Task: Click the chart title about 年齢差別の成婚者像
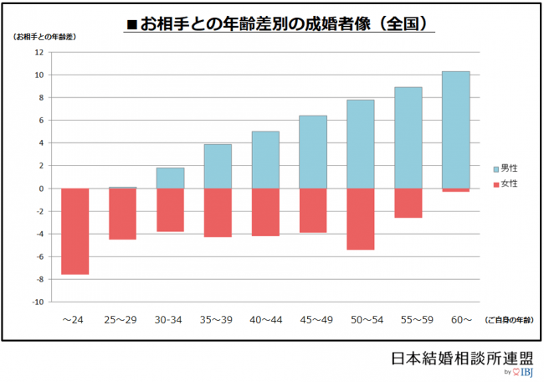(280, 24)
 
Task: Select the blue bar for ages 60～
(455, 130)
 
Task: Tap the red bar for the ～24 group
(74, 231)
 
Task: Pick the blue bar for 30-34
(170, 178)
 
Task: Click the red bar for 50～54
(360, 219)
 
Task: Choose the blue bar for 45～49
(312, 152)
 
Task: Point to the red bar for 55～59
(408, 203)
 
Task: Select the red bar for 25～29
(122, 214)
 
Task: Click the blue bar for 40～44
(265, 160)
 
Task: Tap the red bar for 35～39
(218, 213)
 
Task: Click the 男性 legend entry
(507, 168)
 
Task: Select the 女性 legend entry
(507, 183)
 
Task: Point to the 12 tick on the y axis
(38, 52)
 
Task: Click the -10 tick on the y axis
(37, 302)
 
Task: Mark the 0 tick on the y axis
(40, 188)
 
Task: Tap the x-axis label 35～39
(217, 319)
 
